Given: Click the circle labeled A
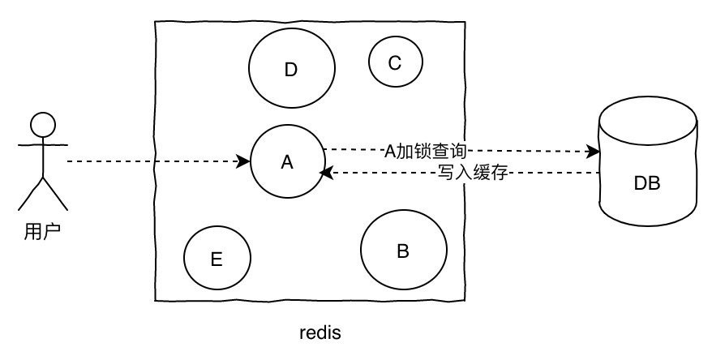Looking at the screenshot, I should pyautogui.click(x=286, y=162).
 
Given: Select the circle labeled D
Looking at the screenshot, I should pyautogui.click(x=291, y=70).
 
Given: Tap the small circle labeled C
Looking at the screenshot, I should pyautogui.click(x=395, y=62).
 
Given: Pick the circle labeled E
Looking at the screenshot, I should pyautogui.click(x=217, y=259).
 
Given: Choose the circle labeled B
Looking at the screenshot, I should pyautogui.click(x=403, y=251).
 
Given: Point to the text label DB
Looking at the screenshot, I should pyautogui.click(x=647, y=183).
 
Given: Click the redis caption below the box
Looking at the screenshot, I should pyautogui.click(x=320, y=333).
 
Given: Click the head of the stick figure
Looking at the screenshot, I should pyautogui.click(x=42, y=125).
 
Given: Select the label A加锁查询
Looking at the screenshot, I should pyautogui.click(x=425, y=150).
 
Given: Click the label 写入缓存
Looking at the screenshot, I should pyautogui.click(x=472, y=173).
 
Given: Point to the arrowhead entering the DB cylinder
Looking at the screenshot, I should pyautogui.click(x=594, y=152).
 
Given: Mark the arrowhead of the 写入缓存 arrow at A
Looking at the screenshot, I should pyautogui.click(x=324, y=173).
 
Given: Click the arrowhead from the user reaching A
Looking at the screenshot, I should pyautogui.click(x=244, y=162).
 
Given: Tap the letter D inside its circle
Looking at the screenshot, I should pyautogui.click(x=291, y=71).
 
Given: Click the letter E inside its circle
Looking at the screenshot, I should pyautogui.click(x=217, y=259).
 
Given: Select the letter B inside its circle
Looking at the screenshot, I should pyautogui.click(x=403, y=251).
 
